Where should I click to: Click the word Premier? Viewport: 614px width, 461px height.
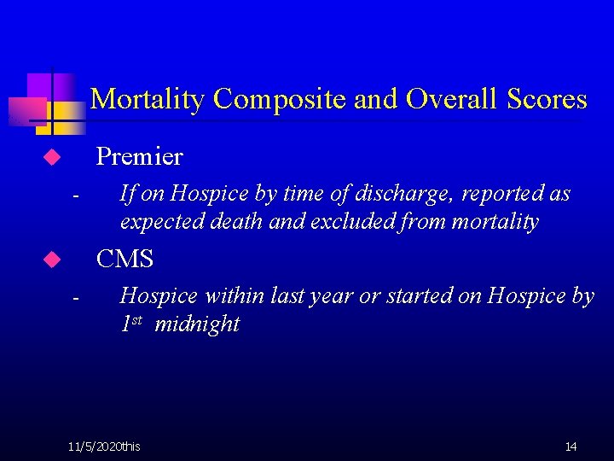[x=139, y=156]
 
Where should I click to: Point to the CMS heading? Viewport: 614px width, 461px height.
[x=125, y=258]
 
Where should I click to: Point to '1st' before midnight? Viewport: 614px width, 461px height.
[x=131, y=324]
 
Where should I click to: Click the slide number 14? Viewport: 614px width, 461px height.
[x=571, y=446]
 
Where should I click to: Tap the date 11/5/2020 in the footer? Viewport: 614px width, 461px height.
[x=95, y=446]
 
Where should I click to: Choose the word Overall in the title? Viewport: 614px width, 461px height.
[x=455, y=100]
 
